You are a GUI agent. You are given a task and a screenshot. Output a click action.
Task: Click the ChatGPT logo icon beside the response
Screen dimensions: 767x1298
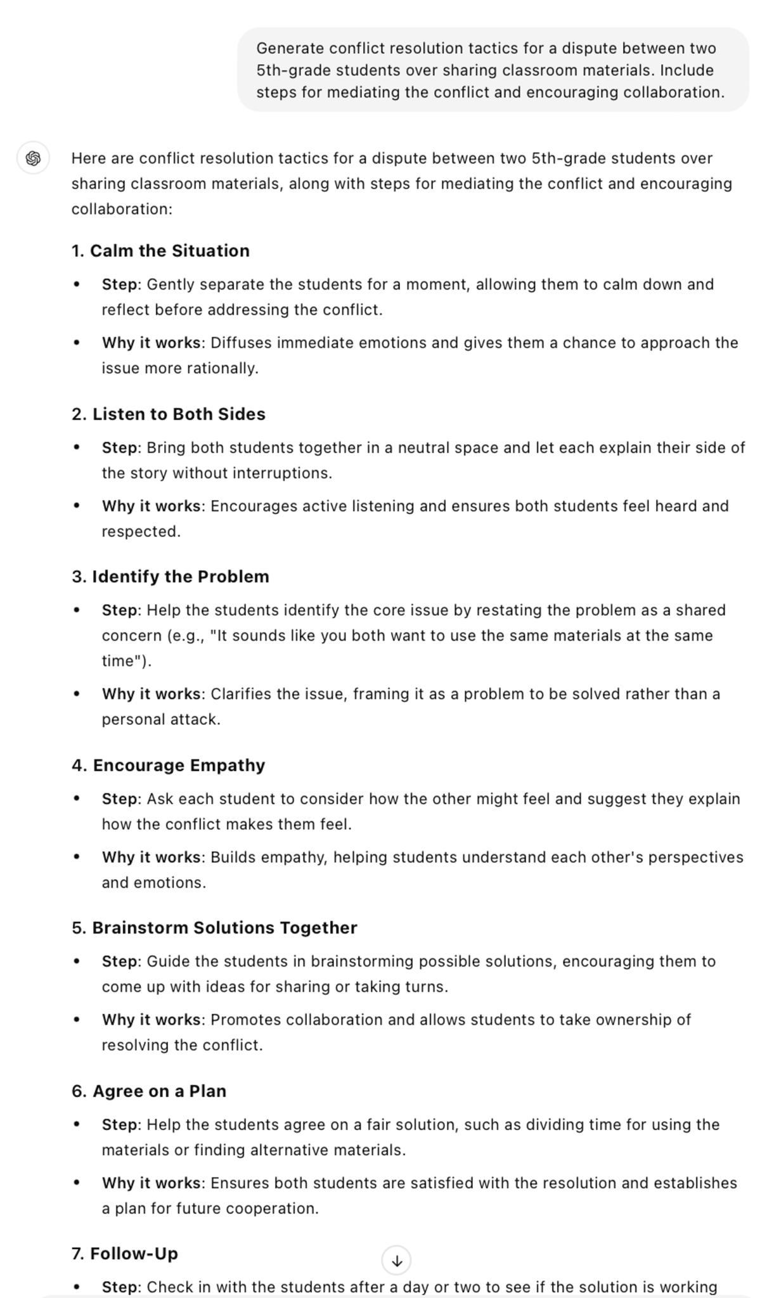click(33, 158)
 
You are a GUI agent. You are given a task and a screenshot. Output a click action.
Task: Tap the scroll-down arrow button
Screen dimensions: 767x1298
click(396, 1260)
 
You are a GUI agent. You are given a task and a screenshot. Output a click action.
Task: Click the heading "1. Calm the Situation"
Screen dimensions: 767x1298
click(160, 251)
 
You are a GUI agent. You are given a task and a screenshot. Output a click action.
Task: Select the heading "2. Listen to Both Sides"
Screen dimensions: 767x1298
click(169, 414)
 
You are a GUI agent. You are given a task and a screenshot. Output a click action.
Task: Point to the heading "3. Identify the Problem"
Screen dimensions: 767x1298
click(171, 577)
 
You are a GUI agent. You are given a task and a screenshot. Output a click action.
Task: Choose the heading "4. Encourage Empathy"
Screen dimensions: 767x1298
click(169, 765)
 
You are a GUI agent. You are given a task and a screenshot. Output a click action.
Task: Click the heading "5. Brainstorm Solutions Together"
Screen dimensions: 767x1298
click(214, 928)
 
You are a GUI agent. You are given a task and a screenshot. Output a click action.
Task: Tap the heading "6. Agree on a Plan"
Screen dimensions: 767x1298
click(149, 1091)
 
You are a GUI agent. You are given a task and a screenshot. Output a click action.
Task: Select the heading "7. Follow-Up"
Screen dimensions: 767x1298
click(125, 1254)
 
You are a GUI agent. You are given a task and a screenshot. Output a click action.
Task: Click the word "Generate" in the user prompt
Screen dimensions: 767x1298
click(290, 48)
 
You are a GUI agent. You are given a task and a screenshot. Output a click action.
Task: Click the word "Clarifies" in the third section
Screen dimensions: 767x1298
click(241, 694)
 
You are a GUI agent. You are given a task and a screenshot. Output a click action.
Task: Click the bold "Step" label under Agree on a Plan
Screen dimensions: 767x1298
click(119, 1124)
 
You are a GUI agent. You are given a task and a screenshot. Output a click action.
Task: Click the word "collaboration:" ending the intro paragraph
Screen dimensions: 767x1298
click(122, 209)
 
